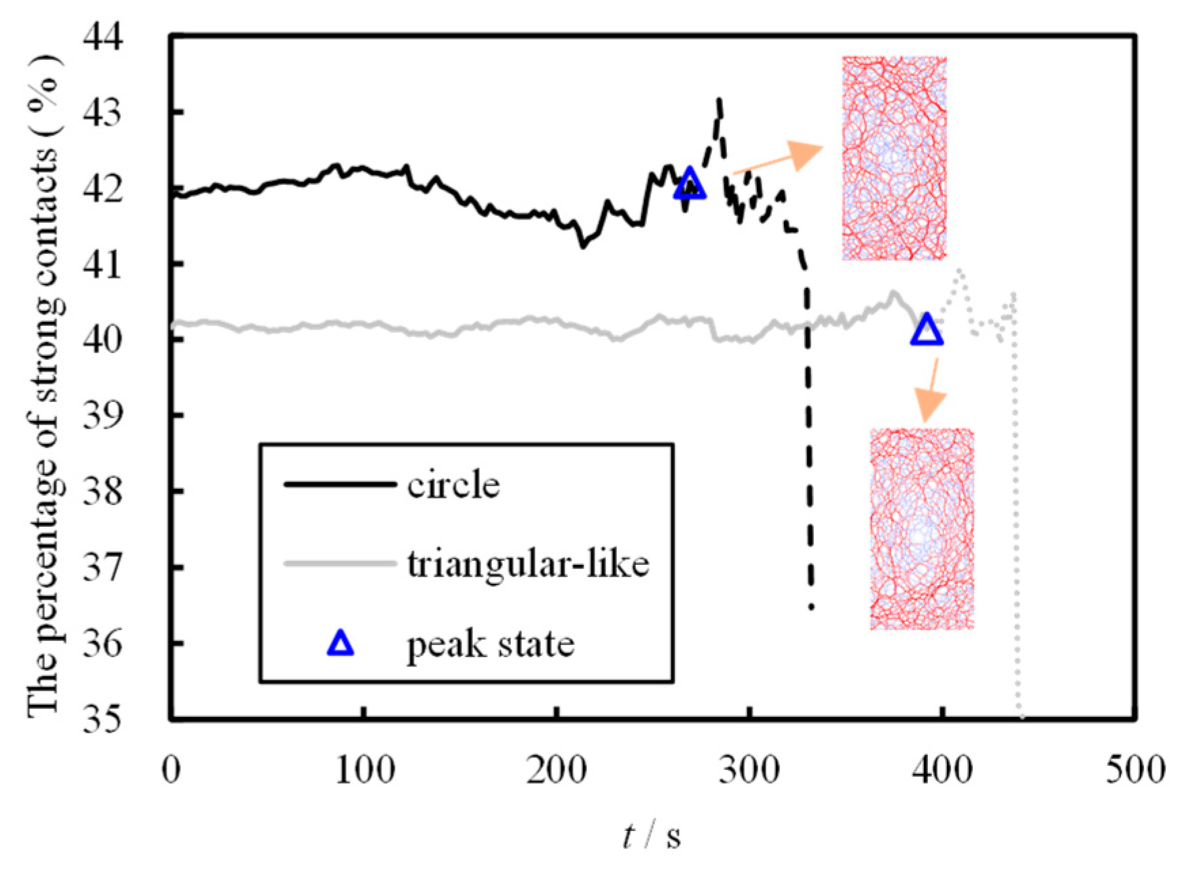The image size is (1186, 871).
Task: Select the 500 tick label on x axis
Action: [1136, 771]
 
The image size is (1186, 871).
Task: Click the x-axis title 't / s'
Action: [651, 836]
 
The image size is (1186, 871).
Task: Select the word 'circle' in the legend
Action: [453, 485]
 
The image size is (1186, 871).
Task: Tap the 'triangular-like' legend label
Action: [528, 563]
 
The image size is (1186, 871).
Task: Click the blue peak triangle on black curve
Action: [690, 184]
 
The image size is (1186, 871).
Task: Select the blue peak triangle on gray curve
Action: [927, 330]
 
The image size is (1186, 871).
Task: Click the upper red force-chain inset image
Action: [894, 158]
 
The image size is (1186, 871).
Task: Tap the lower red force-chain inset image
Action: [922, 529]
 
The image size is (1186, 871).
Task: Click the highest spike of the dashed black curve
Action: [719, 100]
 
